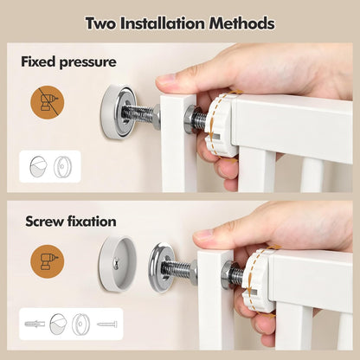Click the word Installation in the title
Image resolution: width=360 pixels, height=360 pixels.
(x=163, y=23)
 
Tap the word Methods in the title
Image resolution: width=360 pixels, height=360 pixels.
(x=241, y=23)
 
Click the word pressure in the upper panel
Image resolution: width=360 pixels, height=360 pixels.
(x=87, y=62)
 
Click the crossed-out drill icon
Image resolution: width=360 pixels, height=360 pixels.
(x=48, y=102)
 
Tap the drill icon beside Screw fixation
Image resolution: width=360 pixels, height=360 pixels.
(x=48, y=261)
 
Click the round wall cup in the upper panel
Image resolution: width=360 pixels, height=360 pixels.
(x=118, y=112)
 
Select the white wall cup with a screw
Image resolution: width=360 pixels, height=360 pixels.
(x=118, y=263)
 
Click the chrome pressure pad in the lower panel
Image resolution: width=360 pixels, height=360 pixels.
(x=162, y=267)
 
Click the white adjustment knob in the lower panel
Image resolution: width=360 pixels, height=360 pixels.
(x=257, y=280)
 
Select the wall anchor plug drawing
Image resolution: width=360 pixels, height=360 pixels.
(x=35, y=324)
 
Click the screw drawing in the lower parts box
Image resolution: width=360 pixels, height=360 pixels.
(x=107, y=325)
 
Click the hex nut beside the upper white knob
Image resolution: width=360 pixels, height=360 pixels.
(x=190, y=119)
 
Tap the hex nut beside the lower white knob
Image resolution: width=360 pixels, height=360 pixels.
(x=227, y=274)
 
